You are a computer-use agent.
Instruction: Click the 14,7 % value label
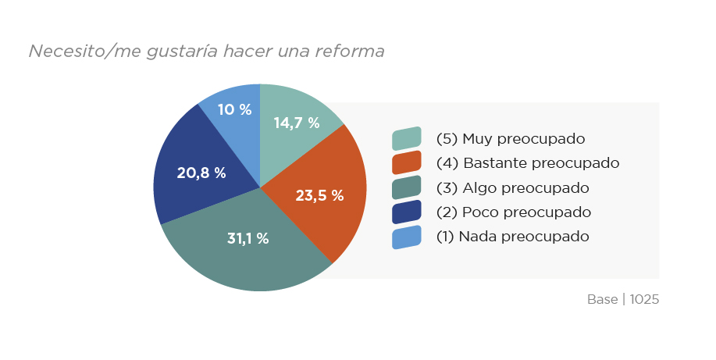[297, 123]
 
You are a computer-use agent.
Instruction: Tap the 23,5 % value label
[319, 195]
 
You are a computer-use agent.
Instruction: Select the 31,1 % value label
[248, 238]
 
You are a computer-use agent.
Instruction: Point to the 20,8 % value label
[201, 173]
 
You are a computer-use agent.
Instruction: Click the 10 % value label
[234, 109]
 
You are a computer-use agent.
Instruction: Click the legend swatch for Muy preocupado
[406, 139]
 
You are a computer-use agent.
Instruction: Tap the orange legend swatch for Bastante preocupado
[406, 163]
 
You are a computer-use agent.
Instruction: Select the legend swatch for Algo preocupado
[406, 187]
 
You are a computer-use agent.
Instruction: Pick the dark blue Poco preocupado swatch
[406, 212]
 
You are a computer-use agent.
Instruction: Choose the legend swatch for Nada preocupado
[406, 237]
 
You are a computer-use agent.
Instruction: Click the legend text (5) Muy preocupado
[511, 139]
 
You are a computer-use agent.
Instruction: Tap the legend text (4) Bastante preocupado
[527, 163]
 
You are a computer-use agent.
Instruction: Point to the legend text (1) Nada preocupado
[512, 236]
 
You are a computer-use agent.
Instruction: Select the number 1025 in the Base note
[644, 299]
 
